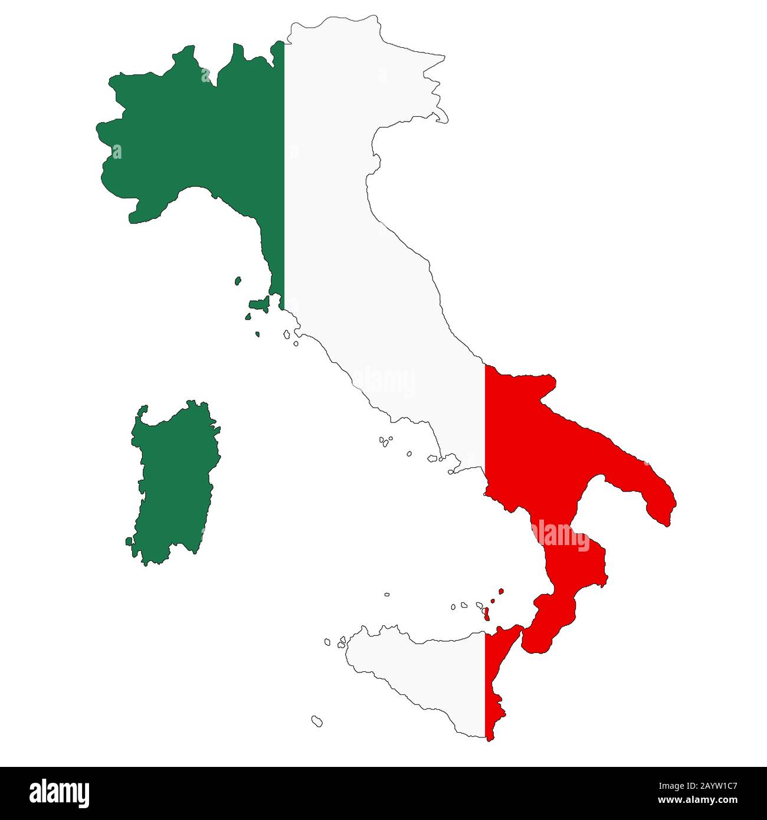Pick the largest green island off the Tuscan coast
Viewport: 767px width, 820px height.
click(259, 304)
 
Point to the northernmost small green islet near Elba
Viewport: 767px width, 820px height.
click(238, 281)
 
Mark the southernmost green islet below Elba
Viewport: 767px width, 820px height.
click(257, 334)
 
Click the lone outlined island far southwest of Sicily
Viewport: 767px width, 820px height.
click(317, 720)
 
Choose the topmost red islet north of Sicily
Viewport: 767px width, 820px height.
click(501, 591)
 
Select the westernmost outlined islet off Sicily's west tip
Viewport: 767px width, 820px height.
click(327, 641)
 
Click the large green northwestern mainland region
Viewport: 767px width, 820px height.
click(195, 136)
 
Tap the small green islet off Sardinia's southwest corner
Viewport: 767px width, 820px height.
click(129, 541)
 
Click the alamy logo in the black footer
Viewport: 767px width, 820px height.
click(59, 793)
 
